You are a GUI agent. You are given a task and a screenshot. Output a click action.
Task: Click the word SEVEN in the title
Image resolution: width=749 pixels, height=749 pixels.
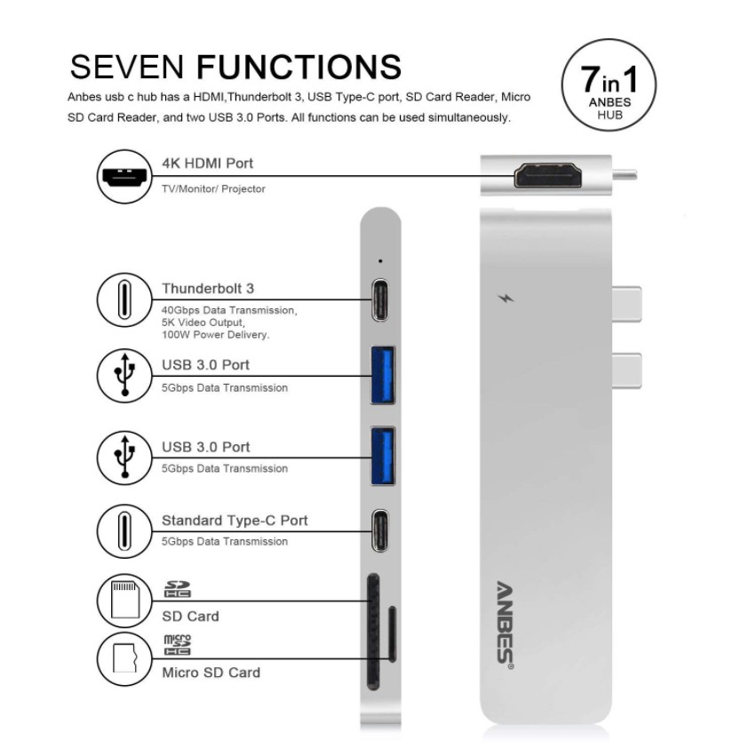click(127, 68)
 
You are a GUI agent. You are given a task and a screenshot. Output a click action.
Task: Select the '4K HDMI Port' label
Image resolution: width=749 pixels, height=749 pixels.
click(207, 163)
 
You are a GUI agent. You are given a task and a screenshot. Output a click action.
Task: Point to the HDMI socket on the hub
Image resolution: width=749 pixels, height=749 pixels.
click(547, 176)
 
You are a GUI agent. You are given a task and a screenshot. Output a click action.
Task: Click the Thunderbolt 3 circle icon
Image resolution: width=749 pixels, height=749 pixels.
click(124, 299)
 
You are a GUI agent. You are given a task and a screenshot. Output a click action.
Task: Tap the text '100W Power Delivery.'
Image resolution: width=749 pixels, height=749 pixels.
click(215, 335)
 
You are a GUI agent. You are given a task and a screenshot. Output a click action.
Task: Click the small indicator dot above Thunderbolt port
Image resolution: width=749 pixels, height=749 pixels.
click(380, 261)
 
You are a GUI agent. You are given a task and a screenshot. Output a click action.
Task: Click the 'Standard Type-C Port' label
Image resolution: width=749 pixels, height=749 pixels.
click(235, 521)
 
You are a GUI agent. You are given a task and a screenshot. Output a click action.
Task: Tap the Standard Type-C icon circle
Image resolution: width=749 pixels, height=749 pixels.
click(124, 531)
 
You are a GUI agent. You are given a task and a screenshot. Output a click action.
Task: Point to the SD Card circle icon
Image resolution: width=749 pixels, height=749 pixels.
click(124, 601)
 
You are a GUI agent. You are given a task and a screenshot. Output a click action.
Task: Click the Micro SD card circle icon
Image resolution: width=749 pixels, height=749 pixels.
click(124, 659)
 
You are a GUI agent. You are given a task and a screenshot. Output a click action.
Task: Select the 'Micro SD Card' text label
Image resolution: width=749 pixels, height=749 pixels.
click(211, 673)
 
